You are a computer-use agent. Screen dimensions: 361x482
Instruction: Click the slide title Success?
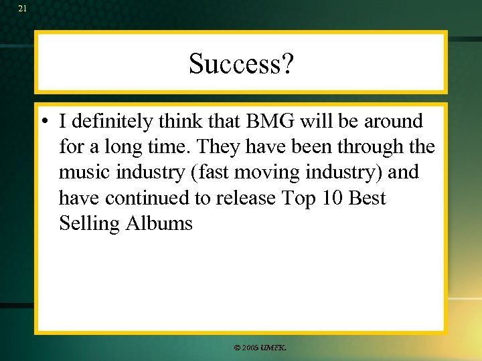pos(241,64)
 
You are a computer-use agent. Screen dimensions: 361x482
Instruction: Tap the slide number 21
pos(23,9)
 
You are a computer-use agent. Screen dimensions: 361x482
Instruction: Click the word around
pos(393,122)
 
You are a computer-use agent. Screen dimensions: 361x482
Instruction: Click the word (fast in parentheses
pos(208,172)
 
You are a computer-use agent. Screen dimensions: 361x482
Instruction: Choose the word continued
pos(140,198)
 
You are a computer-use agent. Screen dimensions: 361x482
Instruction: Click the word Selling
pos(89,223)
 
